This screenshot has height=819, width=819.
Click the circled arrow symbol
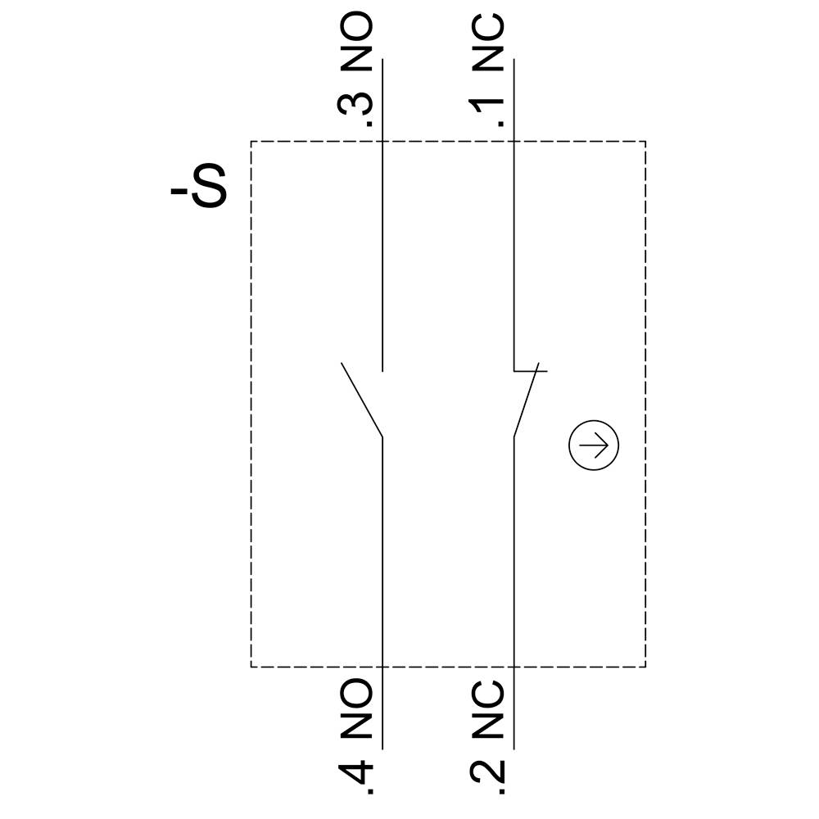594,446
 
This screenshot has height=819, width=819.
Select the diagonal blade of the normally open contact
362,399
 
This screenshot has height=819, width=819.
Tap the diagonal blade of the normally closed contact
527,401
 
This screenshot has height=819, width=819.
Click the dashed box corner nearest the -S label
251,142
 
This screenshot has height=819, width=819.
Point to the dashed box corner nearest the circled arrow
645,667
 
